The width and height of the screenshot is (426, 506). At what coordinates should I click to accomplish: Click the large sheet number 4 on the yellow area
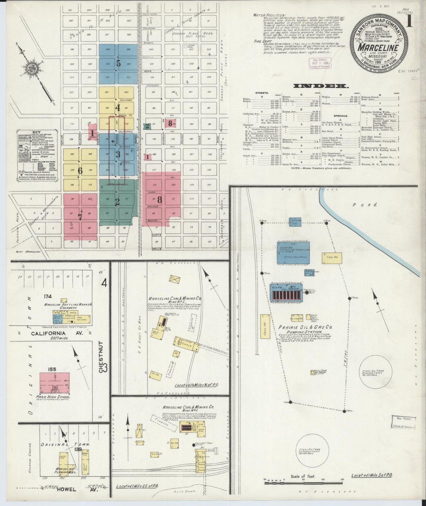coord(118,108)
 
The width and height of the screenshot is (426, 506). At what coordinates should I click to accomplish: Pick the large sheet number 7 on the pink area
coord(80,217)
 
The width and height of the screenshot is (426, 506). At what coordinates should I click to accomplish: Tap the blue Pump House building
coord(293,252)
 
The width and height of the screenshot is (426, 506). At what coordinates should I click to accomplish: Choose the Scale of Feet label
coord(303,476)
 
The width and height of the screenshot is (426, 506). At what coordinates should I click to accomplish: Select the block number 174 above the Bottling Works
coord(47,296)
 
